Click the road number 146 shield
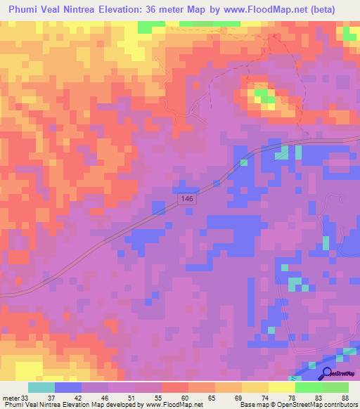(186, 200)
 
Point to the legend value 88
(345, 398)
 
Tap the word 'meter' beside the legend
(10, 398)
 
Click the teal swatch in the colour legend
(41, 387)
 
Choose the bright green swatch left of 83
(308, 387)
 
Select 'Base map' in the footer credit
(253, 405)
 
